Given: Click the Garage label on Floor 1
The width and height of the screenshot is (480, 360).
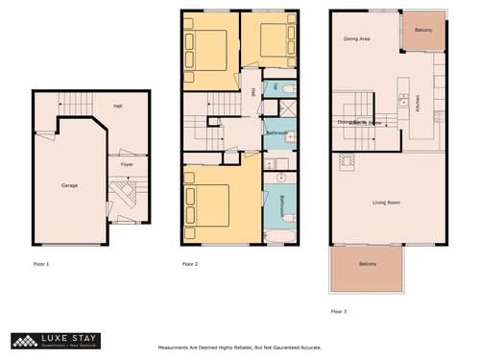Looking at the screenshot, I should (69, 185).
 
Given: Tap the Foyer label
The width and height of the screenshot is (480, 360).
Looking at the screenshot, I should (126, 164).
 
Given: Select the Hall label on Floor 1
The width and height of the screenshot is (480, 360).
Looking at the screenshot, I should (117, 106).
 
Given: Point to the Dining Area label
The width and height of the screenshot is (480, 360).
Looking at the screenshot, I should (357, 39).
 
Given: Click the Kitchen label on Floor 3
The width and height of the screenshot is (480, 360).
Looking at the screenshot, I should (419, 102).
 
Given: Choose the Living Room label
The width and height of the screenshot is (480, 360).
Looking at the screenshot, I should (386, 203).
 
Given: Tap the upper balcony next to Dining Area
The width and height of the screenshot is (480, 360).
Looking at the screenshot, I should (423, 31).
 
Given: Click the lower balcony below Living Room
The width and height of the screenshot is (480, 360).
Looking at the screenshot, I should (369, 266).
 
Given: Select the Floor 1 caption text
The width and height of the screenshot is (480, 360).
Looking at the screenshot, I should (41, 262).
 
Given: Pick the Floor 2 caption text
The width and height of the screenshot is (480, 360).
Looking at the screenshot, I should (190, 262).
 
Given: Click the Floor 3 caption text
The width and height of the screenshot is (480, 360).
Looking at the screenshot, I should (339, 311).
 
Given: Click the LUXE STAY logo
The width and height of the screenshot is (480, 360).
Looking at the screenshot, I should (54, 340).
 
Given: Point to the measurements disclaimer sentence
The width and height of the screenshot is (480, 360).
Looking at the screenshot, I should (239, 348).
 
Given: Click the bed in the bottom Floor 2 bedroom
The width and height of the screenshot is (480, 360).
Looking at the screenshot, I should (210, 204).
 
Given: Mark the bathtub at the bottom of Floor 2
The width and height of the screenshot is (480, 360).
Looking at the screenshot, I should (279, 236).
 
